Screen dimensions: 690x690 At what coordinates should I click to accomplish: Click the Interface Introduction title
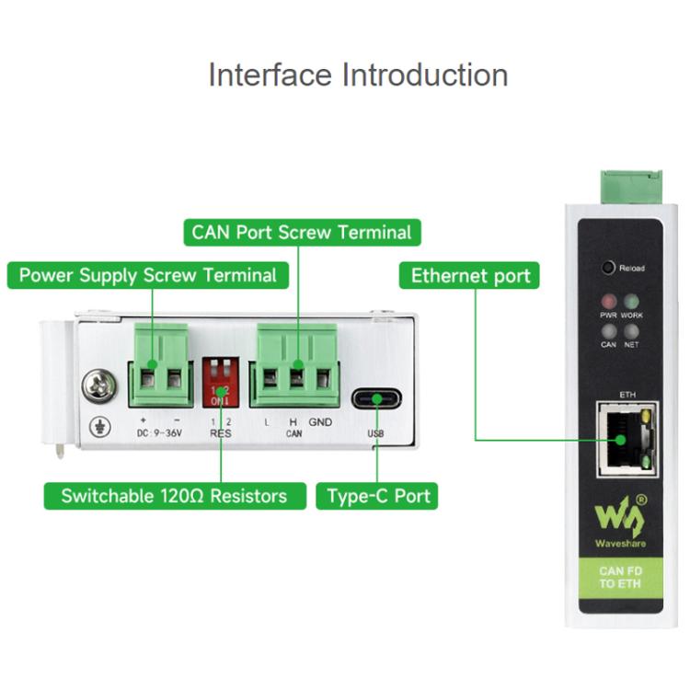[x=358, y=75]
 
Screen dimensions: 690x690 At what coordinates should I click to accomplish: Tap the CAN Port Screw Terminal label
[x=303, y=232]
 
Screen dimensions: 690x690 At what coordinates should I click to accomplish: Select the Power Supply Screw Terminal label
[x=147, y=275]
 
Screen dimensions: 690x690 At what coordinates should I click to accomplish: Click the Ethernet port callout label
[x=470, y=275]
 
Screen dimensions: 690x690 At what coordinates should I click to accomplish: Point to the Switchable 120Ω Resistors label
[x=174, y=496]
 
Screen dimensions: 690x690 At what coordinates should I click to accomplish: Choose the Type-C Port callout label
[x=378, y=496]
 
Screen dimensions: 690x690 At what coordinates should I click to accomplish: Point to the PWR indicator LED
[x=608, y=302]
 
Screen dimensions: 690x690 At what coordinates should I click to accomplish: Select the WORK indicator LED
[x=631, y=302]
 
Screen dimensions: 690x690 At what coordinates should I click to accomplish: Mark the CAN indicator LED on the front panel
[x=608, y=330]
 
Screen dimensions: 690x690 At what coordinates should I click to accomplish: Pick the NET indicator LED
[x=631, y=330]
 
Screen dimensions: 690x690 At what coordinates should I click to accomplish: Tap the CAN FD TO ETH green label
[x=620, y=578]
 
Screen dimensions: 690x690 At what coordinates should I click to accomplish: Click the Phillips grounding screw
[x=98, y=385]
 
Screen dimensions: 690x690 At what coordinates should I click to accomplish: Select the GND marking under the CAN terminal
[x=320, y=422]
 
